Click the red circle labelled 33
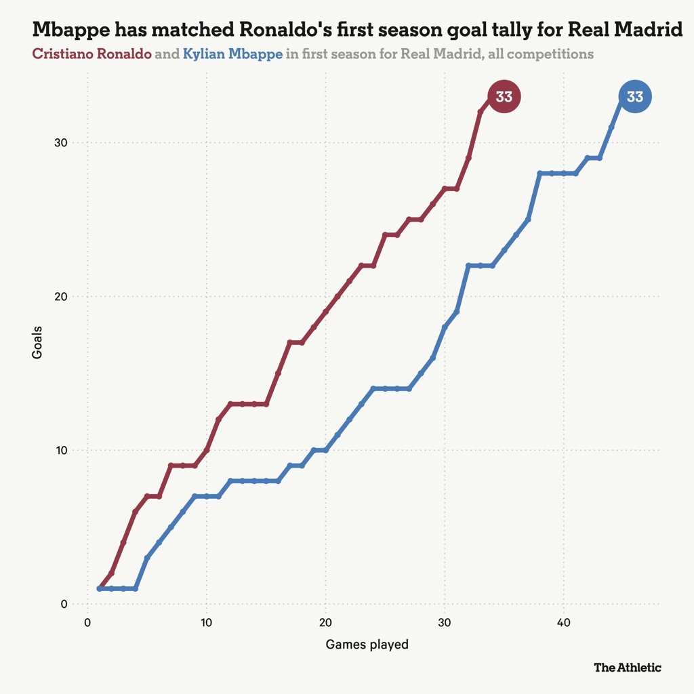tap(504, 97)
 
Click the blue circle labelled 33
tap(634, 97)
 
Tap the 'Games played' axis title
tap(367, 645)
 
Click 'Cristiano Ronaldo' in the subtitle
tap(92, 54)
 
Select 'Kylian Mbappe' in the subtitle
tap(232, 54)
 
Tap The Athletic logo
tap(627, 668)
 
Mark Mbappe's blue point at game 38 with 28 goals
tap(540, 173)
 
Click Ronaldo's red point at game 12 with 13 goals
tap(230, 404)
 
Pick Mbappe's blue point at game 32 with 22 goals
tap(468, 266)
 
